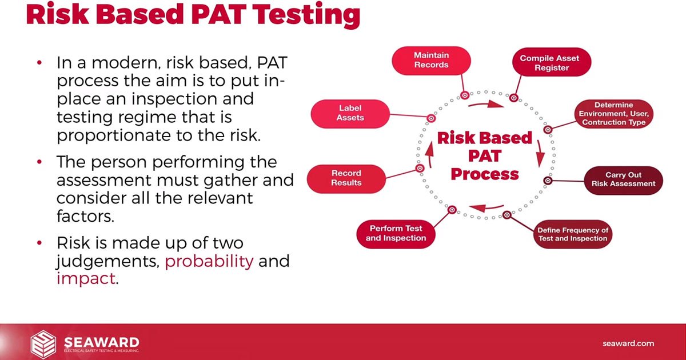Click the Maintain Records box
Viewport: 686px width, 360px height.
(431, 61)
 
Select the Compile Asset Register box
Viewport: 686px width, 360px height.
(552, 62)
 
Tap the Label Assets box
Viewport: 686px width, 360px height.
(350, 114)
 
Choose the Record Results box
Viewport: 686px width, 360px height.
(346, 179)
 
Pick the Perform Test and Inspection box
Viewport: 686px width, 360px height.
(396, 234)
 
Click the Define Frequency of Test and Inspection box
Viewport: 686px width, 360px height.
(573, 234)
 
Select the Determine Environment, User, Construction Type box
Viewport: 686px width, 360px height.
(614, 114)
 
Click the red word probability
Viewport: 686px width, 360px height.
(209, 262)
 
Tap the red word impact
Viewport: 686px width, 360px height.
(86, 279)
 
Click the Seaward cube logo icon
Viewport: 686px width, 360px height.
(43, 344)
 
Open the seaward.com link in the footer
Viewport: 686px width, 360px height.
(628, 343)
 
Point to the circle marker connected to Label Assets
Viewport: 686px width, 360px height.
(431, 118)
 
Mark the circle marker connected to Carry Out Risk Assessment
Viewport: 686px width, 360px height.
(548, 181)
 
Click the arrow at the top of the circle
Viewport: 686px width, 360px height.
(486, 104)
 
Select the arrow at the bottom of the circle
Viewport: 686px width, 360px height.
(486, 208)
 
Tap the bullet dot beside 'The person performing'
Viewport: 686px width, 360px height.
(39, 161)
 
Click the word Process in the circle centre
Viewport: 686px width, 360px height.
(485, 174)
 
